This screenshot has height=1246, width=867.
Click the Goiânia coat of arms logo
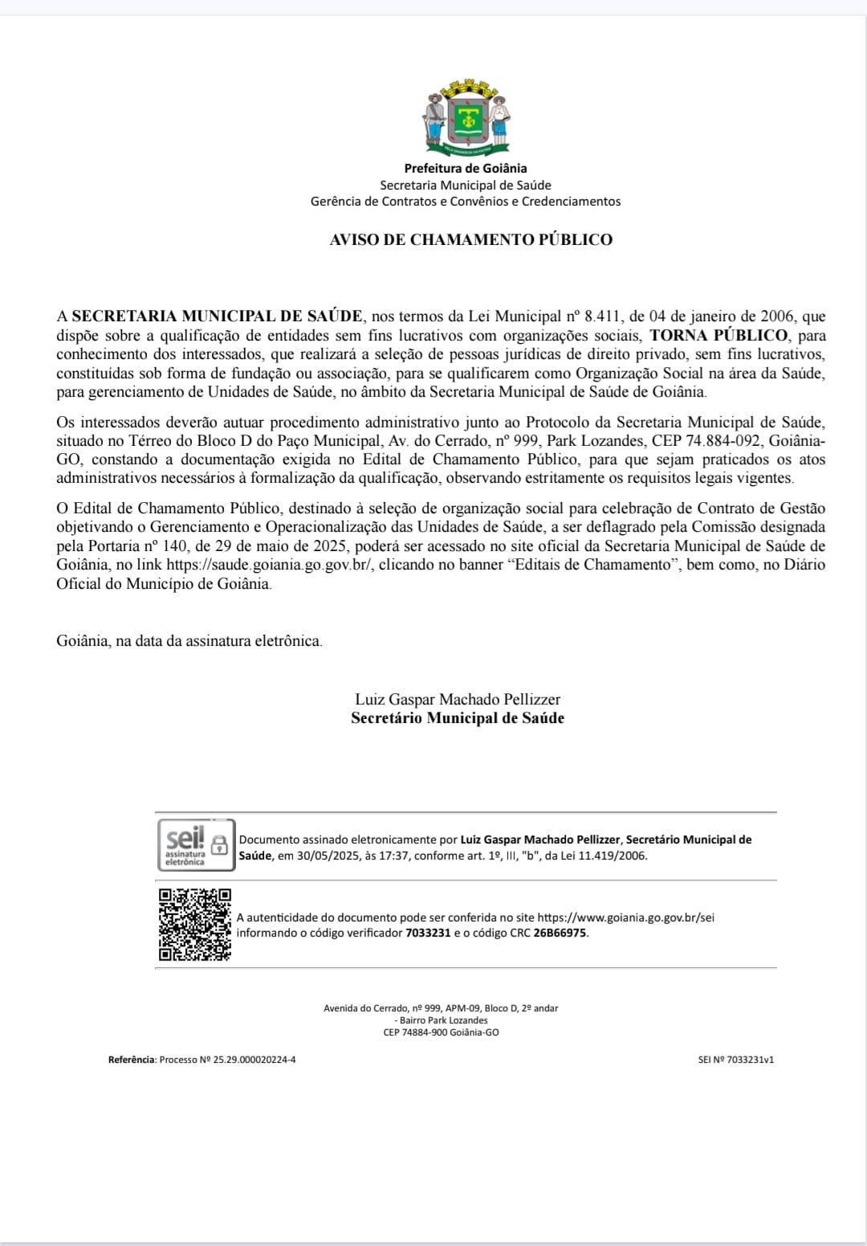466,117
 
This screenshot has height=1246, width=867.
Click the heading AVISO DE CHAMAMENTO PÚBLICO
470,239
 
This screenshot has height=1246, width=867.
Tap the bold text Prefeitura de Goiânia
466,168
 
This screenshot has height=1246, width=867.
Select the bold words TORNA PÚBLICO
718,335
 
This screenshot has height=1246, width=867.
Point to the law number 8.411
601,317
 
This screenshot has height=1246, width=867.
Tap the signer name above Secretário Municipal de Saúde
458,699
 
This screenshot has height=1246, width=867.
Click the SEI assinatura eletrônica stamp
196,845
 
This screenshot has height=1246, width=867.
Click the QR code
194,924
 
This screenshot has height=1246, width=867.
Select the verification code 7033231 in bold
428,933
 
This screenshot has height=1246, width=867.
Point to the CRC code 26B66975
560,933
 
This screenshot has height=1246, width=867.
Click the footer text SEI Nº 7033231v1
735,1060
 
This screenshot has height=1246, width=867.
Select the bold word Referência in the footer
132,1060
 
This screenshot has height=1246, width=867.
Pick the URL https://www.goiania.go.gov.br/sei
625,917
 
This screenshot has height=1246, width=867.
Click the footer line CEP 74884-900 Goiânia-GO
441,1032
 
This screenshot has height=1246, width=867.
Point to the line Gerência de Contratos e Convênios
466,202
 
